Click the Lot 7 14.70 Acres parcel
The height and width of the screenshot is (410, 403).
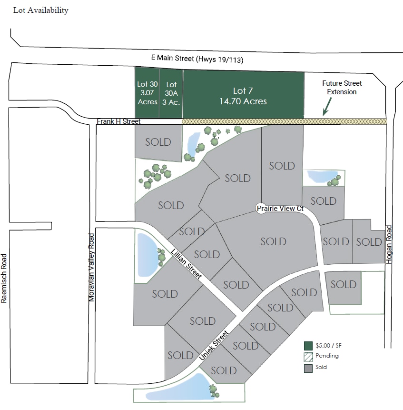pyautogui.click(x=244, y=95)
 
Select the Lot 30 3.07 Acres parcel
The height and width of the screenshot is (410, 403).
pyautogui.click(x=147, y=92)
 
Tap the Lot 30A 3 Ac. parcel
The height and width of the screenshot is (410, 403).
pyautogui.click(x=171, y=93)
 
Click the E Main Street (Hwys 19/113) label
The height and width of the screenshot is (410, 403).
pyautogui.click(x=197, y=59)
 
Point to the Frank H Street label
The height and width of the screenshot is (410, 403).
pyautogui.click(x=118, y=121)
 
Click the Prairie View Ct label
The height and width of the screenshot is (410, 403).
pyautogui.click(x=280, y=209)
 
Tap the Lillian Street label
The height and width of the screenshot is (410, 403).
pyautogui.click(x=186, y=264)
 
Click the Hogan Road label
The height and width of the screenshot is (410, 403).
pyautogui.click(x=389, y=244)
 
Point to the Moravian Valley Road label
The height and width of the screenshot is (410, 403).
pyautogui.click(x=91, y=267)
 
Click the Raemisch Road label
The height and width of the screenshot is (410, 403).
pyautogui.click(x=4, y=278)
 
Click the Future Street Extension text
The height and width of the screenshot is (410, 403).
pyautogui.click(x=342, y=88)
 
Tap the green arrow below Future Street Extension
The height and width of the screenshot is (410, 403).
pyautogui.click(x=327, y=107)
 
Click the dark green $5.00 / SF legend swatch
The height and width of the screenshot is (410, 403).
pyautogui.click(x=308, y=346)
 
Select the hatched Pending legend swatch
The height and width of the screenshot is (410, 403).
pyautogui.click(x=308, y=357)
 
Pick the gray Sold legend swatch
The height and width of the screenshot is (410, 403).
pyautogui.click(x=308, y=369)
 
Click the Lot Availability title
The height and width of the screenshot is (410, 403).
pyautogui.click(x=41, y=10)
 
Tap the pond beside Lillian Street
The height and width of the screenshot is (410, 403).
pyautogui.click(x=147, y=255)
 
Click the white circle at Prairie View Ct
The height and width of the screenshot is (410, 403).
pyautogui.click(x=261, y=209)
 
